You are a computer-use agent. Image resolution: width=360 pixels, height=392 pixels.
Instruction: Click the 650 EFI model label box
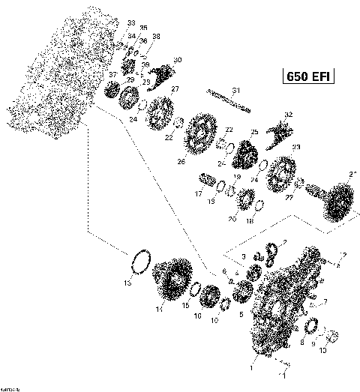click(x=308, y=76)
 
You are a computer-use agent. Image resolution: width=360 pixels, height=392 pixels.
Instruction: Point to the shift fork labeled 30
click(x=159, y=73)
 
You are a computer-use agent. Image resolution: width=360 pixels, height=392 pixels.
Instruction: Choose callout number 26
click(x=181, y=161)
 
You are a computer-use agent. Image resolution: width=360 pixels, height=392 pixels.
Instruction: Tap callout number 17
click(x=199, y=193)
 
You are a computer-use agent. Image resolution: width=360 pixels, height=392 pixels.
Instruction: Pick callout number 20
click(x=232, y=219)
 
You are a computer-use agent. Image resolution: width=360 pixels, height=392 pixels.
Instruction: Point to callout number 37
click(x=113, y=75)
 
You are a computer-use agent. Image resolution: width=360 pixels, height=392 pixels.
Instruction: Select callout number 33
click(x=132, y=23)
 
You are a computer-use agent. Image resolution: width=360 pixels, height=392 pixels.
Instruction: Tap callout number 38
click(x=156, y=36)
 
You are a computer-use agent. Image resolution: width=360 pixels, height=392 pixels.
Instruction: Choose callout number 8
click(x=301, y=341)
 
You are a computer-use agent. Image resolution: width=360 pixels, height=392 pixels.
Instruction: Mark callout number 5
click(x=240, y=316)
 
